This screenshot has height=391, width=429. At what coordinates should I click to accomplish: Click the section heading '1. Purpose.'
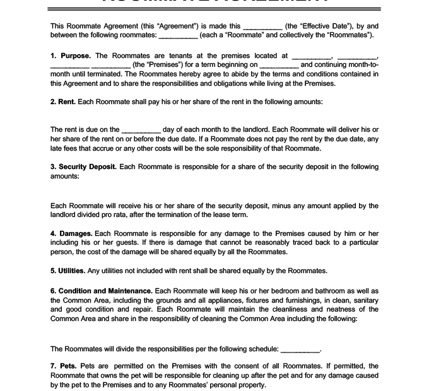point(71,56)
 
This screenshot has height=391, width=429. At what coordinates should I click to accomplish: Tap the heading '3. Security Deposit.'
point(83,167)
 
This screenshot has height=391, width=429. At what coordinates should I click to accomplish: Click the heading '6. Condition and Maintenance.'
point(101,291)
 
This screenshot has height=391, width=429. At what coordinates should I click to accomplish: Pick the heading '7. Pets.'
point(62,366)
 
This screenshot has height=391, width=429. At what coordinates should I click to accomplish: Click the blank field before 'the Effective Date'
point(262,26)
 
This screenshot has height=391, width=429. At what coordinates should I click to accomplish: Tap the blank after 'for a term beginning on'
point(279,65)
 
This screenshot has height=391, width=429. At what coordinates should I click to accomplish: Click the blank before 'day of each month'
point(141,130)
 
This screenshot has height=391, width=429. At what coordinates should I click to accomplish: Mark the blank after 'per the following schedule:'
point(300,349)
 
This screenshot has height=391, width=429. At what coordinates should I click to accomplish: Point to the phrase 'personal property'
point(240,385)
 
